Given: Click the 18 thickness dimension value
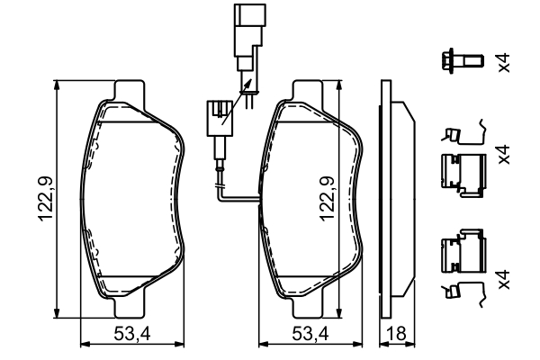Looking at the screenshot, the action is pos(396,334).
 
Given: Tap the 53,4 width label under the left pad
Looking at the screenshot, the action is pos(132,334).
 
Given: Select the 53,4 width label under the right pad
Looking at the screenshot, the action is pos(310,334).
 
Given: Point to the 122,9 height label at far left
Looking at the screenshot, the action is pos(45,199).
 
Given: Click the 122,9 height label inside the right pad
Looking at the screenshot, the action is pos(327,198).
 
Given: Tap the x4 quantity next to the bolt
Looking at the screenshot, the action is pos(503,63).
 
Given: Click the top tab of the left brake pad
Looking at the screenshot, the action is pos(129,91).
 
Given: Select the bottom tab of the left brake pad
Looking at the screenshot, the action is pos(129,307).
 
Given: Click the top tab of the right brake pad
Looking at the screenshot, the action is pos(308,91).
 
